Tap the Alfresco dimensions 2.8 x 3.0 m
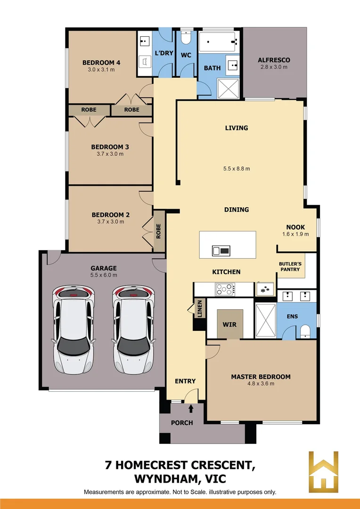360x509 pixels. (x=274, y=67)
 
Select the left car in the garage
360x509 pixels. (x=74, y=329)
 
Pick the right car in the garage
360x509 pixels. (x=134, y=329)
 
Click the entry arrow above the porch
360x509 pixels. (x=191, y=408)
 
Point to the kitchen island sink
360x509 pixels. (x=221, y=250)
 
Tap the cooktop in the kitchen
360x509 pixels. (x=225, y=289)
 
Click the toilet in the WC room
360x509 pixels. (x=186, y=38)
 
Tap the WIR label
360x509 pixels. (x=229, y=324)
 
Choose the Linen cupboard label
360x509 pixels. (x=199, y=308)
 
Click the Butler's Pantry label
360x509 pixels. (x=290, y=267)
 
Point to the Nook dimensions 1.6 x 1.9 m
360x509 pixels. (x=295, y=234)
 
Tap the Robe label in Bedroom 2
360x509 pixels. (x=158, y=231)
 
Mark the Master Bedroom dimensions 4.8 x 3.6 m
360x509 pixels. (x=261, y=384)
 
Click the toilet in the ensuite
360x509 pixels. (x=305, y=331)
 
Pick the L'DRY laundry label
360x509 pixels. (x=164, y=53)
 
